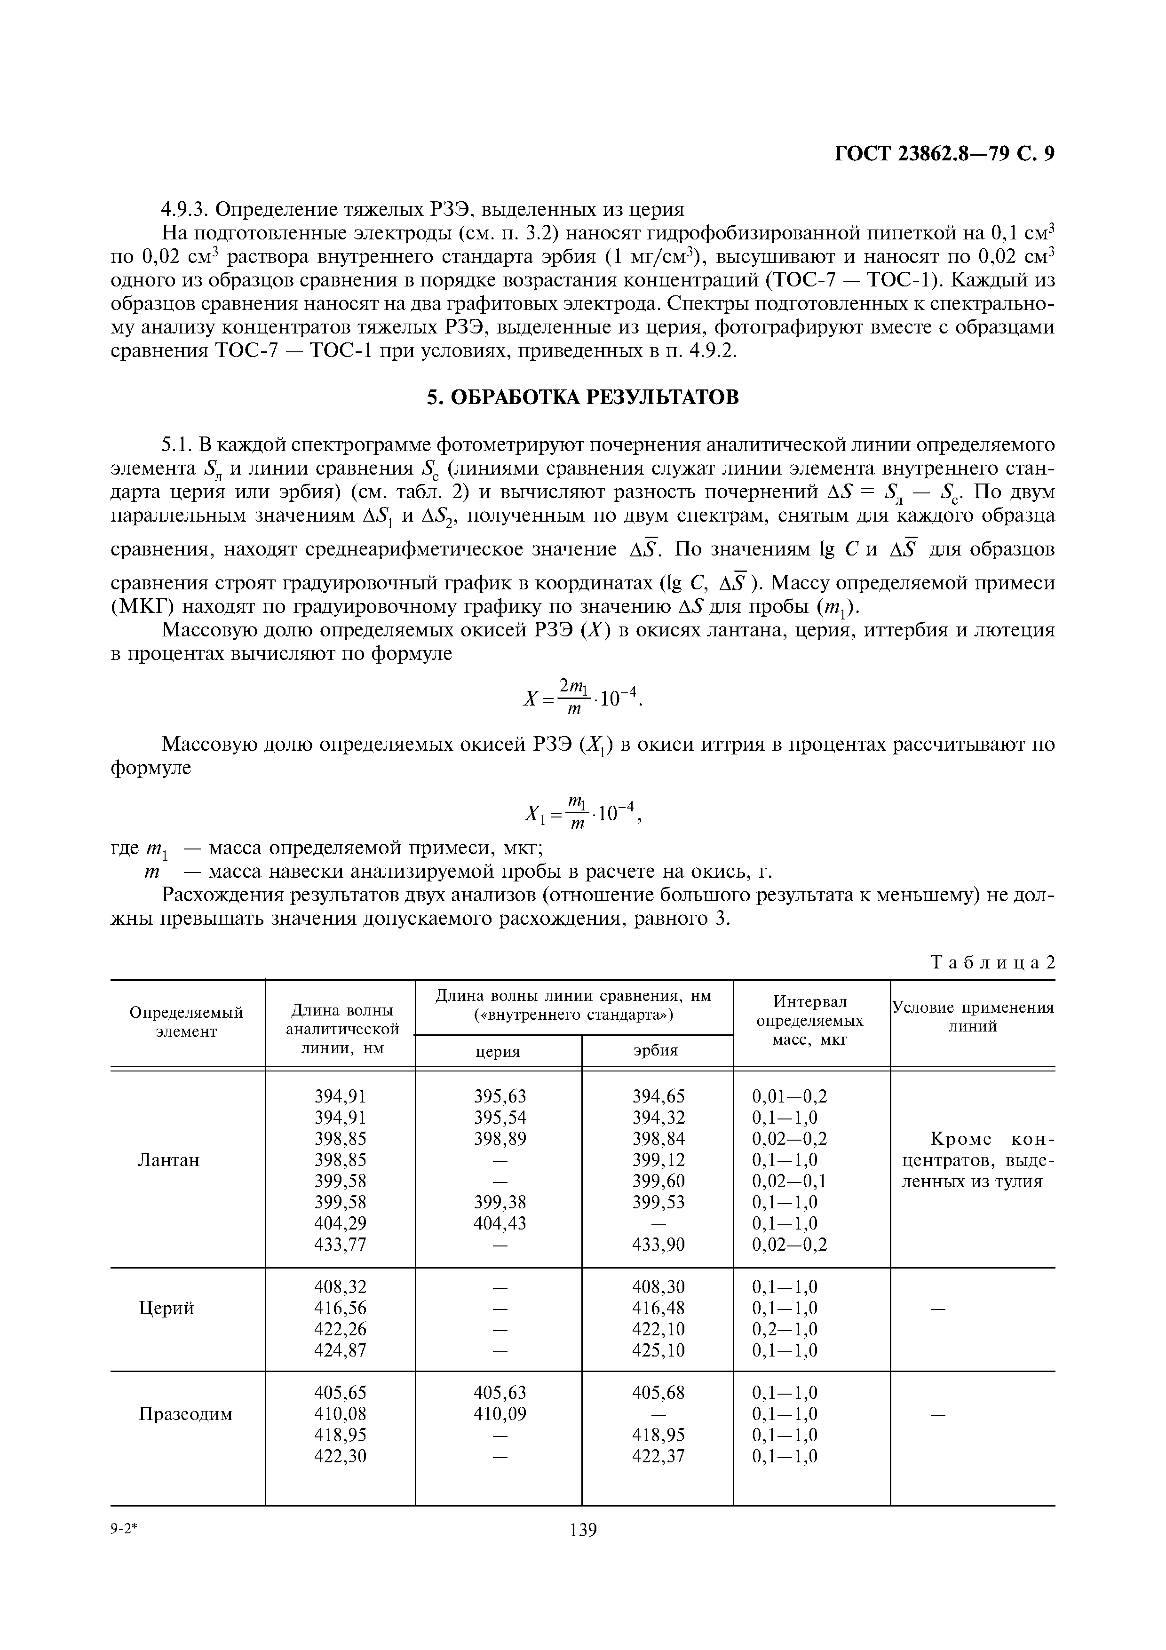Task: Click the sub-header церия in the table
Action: (498, 1051)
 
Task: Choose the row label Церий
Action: (166, 1308)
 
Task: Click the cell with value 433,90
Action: (658, 1244)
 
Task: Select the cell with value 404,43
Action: (500, 1222)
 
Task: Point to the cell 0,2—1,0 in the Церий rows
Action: (785, 1329)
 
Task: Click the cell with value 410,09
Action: (500, 1413)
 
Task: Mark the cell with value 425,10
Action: (658, 1350)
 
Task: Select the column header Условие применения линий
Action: (973, 1016)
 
